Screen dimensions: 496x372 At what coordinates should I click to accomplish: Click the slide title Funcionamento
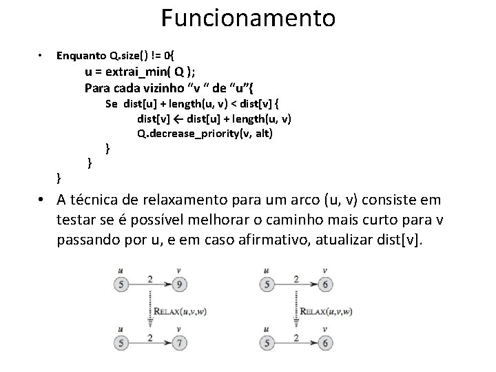(x=248, y=18)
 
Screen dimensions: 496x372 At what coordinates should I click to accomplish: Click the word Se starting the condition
(x=112, y=104)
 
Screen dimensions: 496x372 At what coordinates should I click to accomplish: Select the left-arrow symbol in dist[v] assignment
(x=175, y=119)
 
